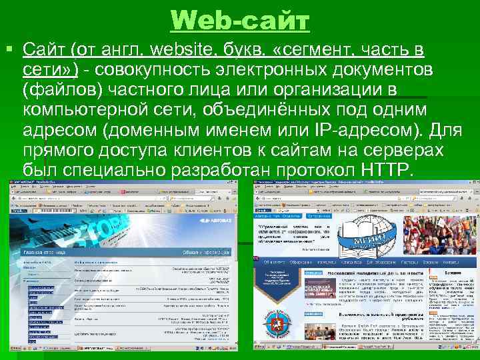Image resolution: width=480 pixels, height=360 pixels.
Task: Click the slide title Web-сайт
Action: (x=240, y=20)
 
